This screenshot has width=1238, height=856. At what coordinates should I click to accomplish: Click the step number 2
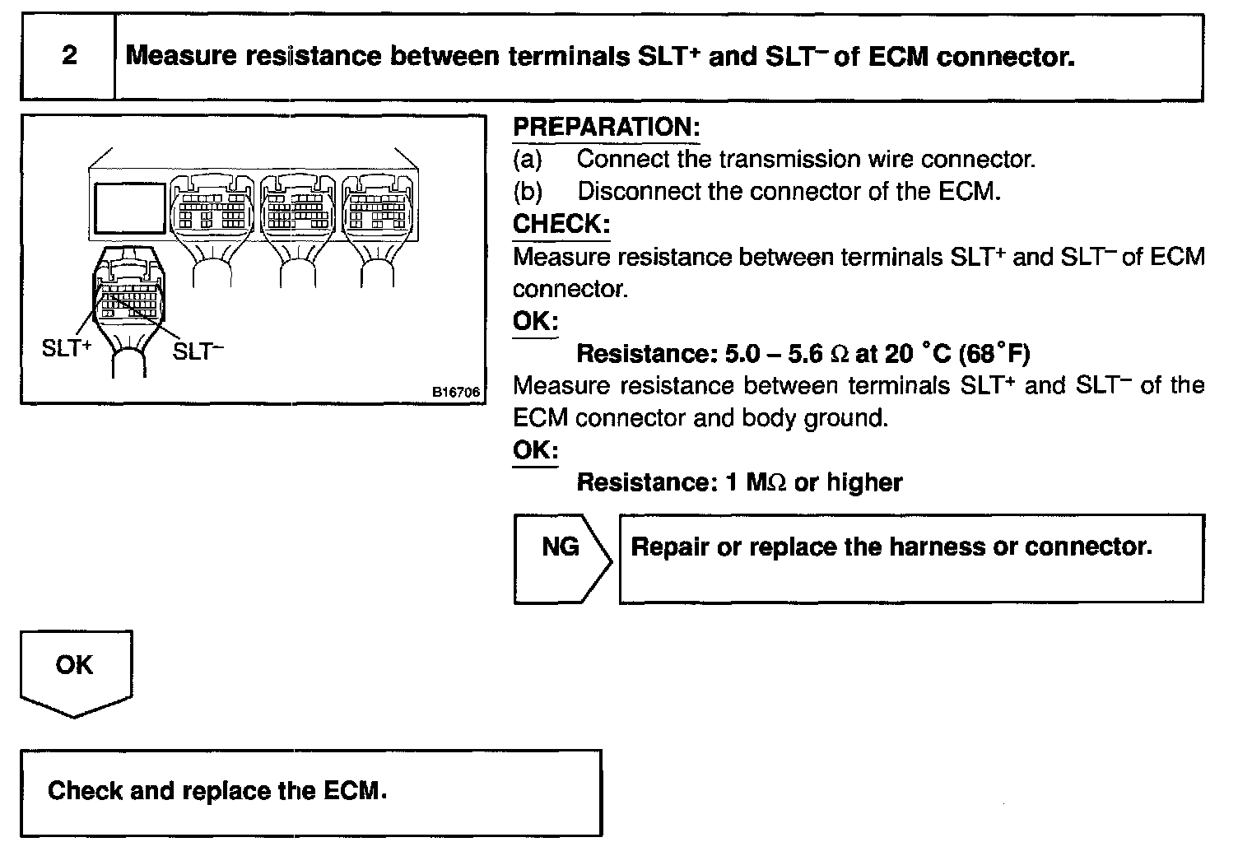(69, 56)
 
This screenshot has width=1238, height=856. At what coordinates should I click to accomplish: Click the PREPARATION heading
(606, 128)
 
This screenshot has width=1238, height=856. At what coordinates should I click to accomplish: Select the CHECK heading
(561, 224)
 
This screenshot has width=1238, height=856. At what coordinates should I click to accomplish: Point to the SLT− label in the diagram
(198, 351)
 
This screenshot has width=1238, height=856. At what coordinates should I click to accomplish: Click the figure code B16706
(456, 393)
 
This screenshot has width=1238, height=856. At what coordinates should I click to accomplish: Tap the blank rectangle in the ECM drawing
(130, 207)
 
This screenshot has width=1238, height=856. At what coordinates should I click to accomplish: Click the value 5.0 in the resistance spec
(743, 354)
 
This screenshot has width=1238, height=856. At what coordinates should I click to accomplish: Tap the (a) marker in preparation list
(528, 159)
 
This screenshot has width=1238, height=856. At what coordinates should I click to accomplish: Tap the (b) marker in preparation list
(528, 192)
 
